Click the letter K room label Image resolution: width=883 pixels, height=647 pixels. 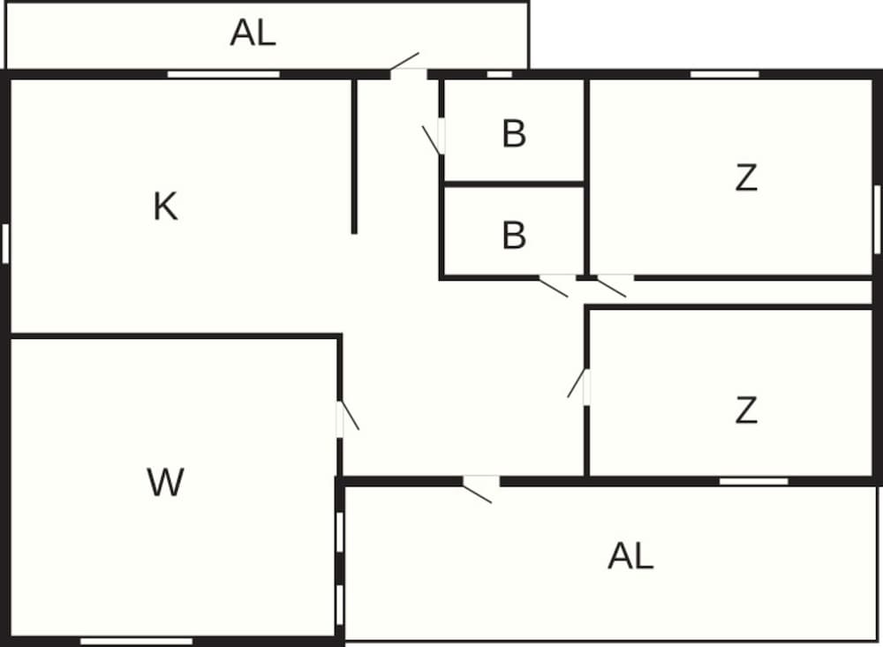165,207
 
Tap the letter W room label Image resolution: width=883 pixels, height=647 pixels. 165,482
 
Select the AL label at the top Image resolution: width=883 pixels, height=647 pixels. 253,33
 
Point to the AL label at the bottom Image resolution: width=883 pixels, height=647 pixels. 630,556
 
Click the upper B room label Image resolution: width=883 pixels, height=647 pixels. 513,134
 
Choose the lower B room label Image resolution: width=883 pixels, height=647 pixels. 513,236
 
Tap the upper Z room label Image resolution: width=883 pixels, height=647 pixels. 746,178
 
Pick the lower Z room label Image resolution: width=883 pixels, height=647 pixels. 746,410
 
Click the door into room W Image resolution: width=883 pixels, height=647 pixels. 341,418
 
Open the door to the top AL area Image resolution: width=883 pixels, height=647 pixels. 409,72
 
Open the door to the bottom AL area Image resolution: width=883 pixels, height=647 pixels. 480,482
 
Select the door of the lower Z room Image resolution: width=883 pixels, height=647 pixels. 585,386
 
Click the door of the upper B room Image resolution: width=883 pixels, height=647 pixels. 441,136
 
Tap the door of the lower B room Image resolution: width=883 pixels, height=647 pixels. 557,279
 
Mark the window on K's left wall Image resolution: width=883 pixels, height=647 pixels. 5,243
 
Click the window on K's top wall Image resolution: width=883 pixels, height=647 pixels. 223,74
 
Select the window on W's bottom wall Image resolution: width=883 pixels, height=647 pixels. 136,641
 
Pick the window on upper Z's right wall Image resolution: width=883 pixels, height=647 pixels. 877,219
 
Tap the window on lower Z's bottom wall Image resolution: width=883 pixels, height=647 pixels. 753,481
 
